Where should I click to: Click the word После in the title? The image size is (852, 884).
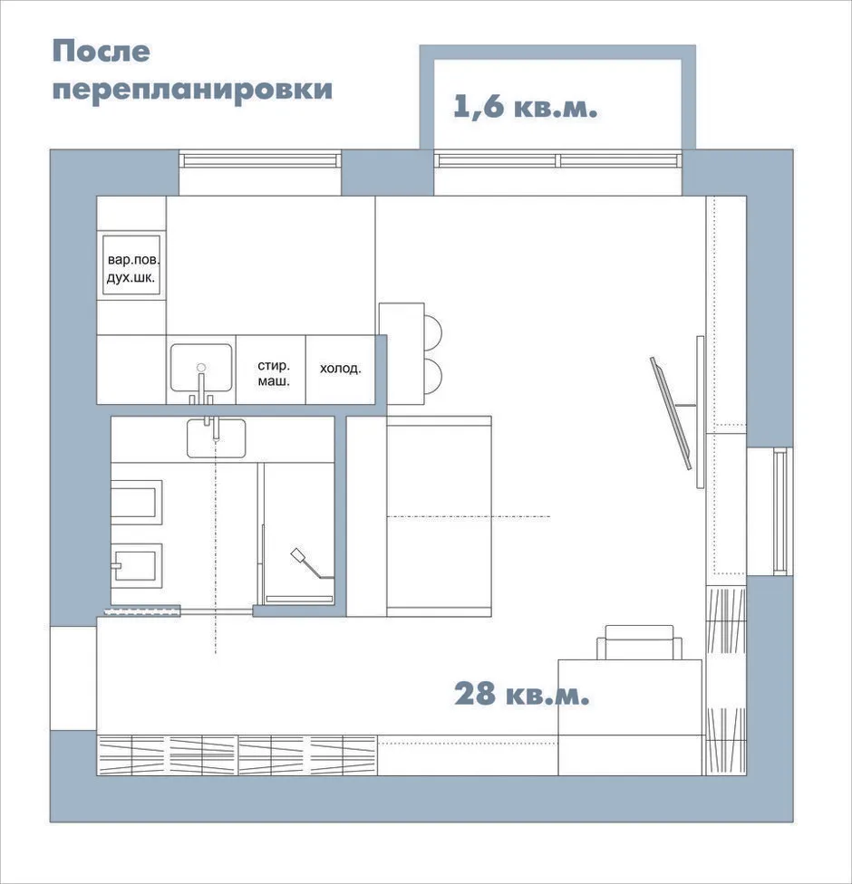coord(101,52)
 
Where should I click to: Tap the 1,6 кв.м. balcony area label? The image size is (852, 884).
coord(525,107)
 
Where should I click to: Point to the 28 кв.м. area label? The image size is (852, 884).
coord(521,694)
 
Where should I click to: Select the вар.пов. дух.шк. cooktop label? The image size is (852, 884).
coord(133,269)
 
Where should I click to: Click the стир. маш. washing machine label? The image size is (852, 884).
coord(274,373)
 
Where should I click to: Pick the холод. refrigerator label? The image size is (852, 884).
coord(340,369)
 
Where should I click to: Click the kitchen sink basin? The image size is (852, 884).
coord(201,368)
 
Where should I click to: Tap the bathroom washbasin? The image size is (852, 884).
coord(216,437)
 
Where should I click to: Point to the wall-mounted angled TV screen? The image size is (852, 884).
coord(671,413)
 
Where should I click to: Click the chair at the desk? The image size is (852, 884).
coord(639,642)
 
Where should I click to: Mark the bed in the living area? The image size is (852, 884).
coord(439,516)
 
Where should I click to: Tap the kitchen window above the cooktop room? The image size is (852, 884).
coord(260,160)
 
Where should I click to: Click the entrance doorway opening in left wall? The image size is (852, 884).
coord(73,678)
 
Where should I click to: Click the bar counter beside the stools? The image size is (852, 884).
coord(402,353)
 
